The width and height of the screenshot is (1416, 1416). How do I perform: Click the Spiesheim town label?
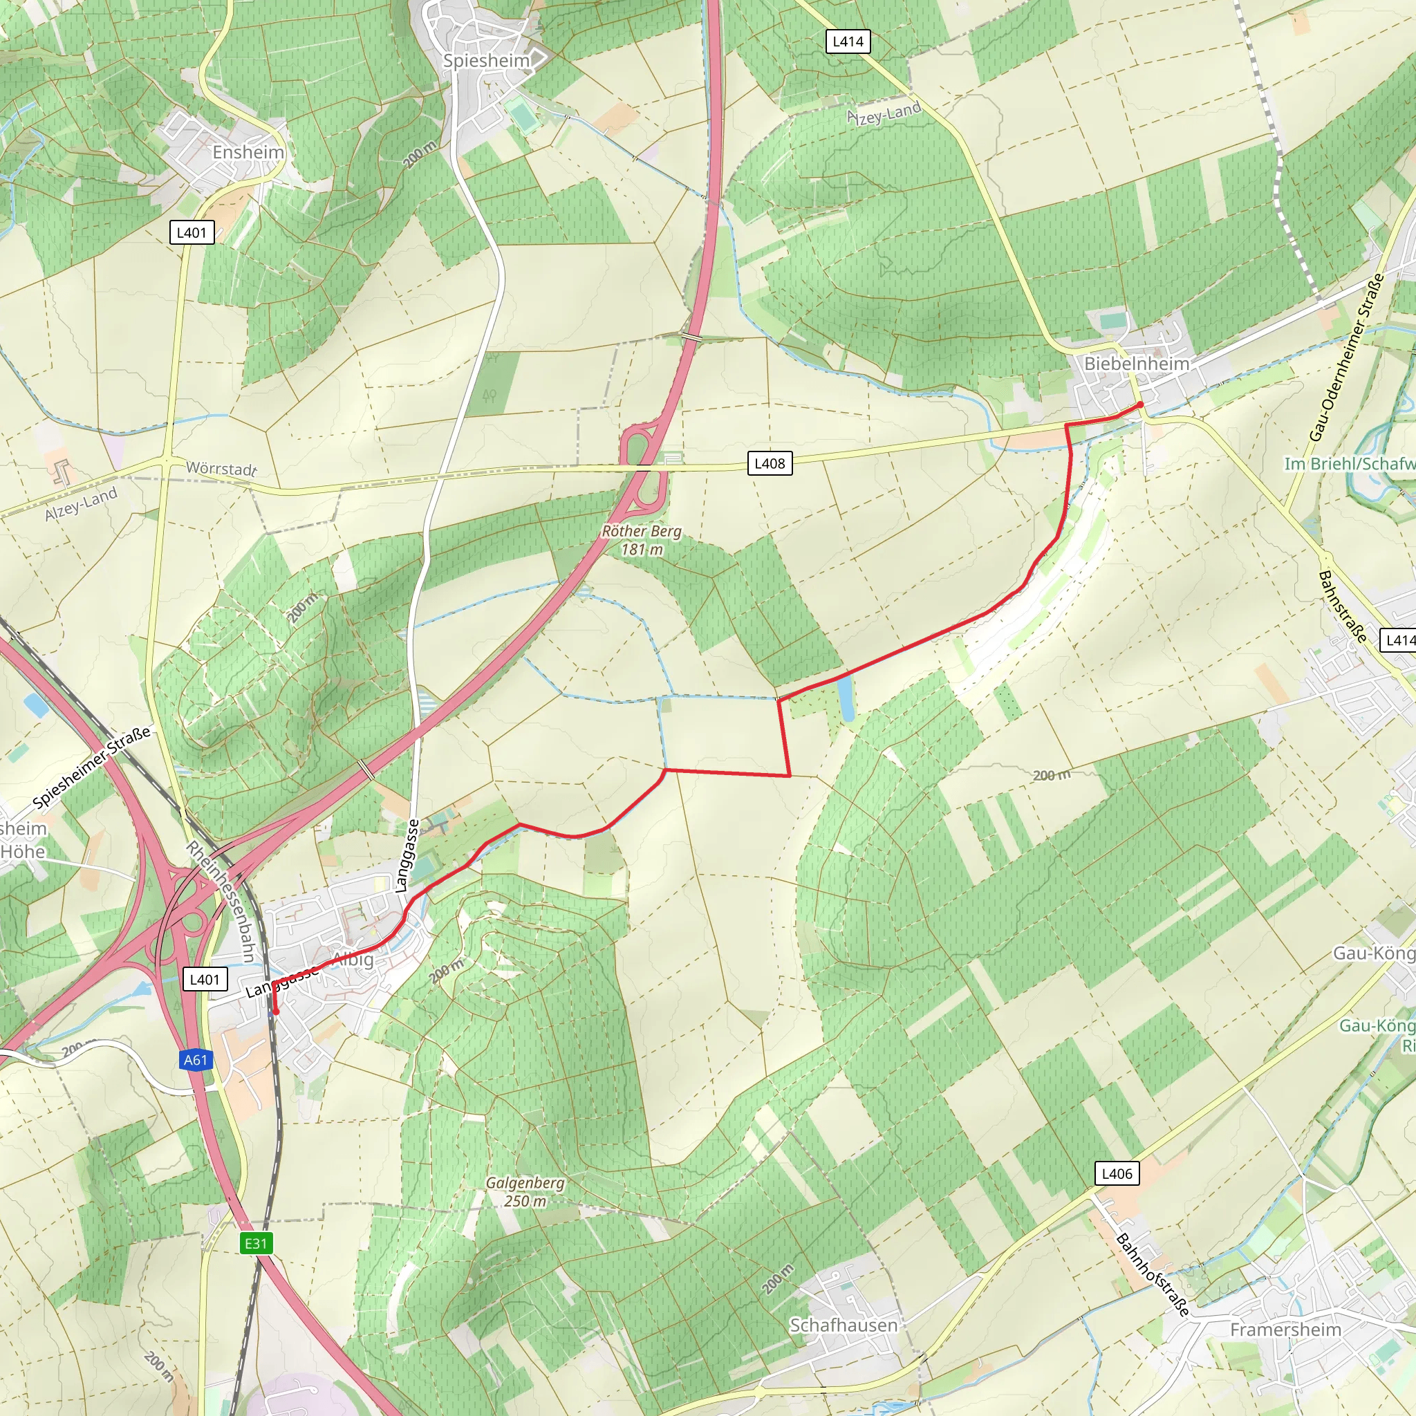(x=486, y=61)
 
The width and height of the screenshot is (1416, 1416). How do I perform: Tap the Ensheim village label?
(x=248, y=152)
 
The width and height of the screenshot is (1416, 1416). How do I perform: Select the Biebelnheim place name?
(x=1136, y=364)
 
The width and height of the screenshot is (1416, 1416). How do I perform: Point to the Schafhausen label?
(x=843, y=1325)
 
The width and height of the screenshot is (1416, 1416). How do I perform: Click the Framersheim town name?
(x=1285, y=1330)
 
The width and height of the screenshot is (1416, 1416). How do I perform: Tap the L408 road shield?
(x=770, y=463)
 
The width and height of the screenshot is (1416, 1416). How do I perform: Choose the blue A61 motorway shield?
(x=196, y=1060)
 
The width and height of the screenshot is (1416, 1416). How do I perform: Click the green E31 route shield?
(x=256, y=1243)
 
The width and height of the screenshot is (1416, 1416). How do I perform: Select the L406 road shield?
(x=1117, y=1173)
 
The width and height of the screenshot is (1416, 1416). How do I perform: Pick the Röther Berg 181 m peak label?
(x=642, y=540)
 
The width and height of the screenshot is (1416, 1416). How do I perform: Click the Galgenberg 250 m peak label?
(x=525, y=1192)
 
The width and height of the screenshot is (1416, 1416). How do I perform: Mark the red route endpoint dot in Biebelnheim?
(x=1139, y=404)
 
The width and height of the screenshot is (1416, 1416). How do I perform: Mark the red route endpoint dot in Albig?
(x=277, y=1012)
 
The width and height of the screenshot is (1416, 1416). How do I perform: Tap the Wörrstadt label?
(x=221, y=468)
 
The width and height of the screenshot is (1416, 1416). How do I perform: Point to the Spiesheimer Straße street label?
(x=93, y=767)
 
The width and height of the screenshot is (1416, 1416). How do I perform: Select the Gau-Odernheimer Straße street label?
(x=1346, y=357)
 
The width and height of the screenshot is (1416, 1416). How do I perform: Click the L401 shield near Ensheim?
(x=192, y=232)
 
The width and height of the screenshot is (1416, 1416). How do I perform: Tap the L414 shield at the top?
(x=848, y=41)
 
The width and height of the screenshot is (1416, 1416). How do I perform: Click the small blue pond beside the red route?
(x=845, y=699)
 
